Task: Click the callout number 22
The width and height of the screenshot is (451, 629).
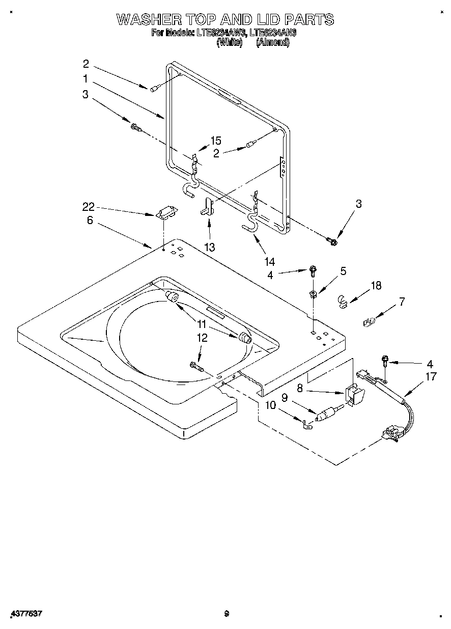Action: click(x=89, y=206)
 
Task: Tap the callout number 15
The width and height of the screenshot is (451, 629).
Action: click(x=216, y=141)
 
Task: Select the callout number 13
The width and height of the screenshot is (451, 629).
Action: click(x=209, y=247)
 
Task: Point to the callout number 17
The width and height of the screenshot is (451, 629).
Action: click(x=431, y=377)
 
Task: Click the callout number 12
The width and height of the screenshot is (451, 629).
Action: click(x=203, y=337)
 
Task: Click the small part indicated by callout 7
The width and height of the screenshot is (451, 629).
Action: click(x=369, y=321)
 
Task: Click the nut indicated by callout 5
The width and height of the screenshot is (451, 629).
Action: click(x=314, y=293)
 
